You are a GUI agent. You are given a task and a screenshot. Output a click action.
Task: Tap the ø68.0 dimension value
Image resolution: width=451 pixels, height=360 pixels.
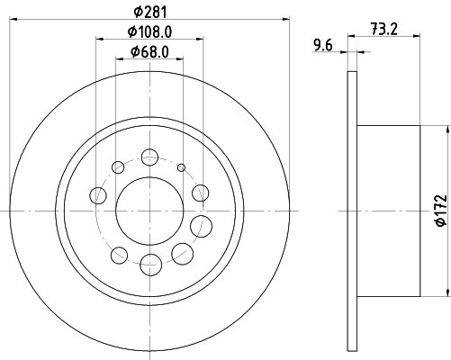151,51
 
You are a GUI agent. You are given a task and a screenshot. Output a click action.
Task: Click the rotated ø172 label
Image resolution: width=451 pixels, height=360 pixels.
440,210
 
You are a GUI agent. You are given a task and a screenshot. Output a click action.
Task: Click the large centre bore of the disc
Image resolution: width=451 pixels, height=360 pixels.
149,210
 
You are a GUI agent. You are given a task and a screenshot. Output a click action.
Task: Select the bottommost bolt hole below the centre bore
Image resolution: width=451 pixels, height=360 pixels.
149,263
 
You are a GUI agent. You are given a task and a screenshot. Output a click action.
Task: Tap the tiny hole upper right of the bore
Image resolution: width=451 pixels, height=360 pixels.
181,168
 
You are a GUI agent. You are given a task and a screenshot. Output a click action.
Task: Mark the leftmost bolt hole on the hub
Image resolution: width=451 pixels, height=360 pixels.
98,193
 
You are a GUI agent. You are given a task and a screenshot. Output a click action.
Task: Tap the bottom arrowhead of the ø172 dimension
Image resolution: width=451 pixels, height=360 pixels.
447,293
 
